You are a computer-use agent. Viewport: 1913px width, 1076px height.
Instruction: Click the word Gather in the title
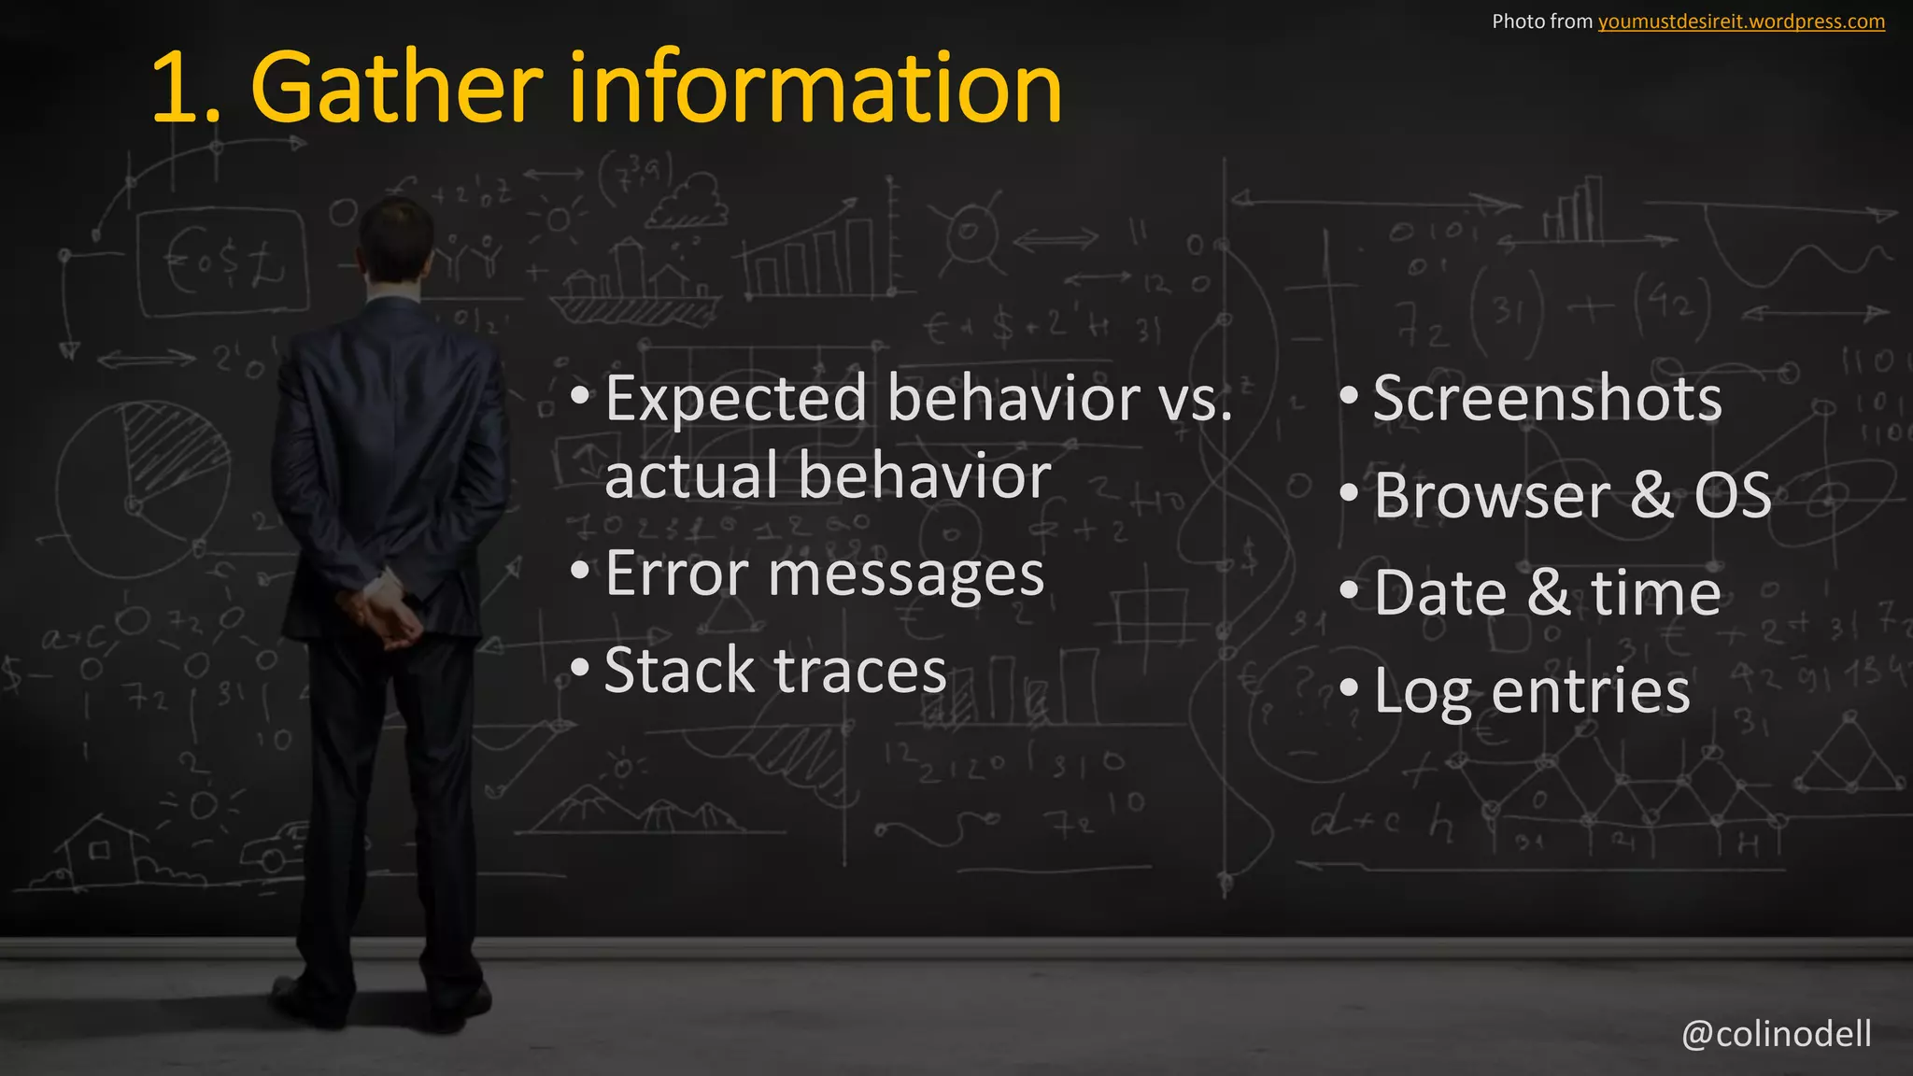pyautogui.click(x=396, y=88)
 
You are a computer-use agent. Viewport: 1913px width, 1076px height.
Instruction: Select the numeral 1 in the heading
pyautogui.click(x=177, y=90)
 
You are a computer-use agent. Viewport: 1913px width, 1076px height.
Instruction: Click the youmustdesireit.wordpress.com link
pyautogui.click(x=1741, y=21)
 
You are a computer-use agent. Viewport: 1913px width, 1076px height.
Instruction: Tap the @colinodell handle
pyautogui.click(x=1776, y=1034)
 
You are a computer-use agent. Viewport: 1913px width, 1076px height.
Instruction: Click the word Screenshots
pyautogui.click(x=1547, y=399)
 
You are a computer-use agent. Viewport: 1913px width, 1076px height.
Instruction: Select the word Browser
pyautogui.click(x=1492, y=496)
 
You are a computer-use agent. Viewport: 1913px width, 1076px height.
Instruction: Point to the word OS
pyautogui.click(x=1733, y=496)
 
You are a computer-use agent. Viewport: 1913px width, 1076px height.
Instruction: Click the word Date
pyautogui.click(x=1439, y=593)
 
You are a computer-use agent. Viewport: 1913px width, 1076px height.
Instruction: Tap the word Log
pyautogui.click(x=1423, y=692)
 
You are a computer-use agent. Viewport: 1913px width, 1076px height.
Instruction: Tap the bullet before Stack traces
pyautogui.click(x=580, y=667)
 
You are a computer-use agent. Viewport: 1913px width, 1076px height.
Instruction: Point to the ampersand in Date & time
pyautogui.click(x=1550, y=593)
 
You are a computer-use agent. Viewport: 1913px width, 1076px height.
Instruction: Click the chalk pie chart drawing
pyautogui.click(x=140, y=486)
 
